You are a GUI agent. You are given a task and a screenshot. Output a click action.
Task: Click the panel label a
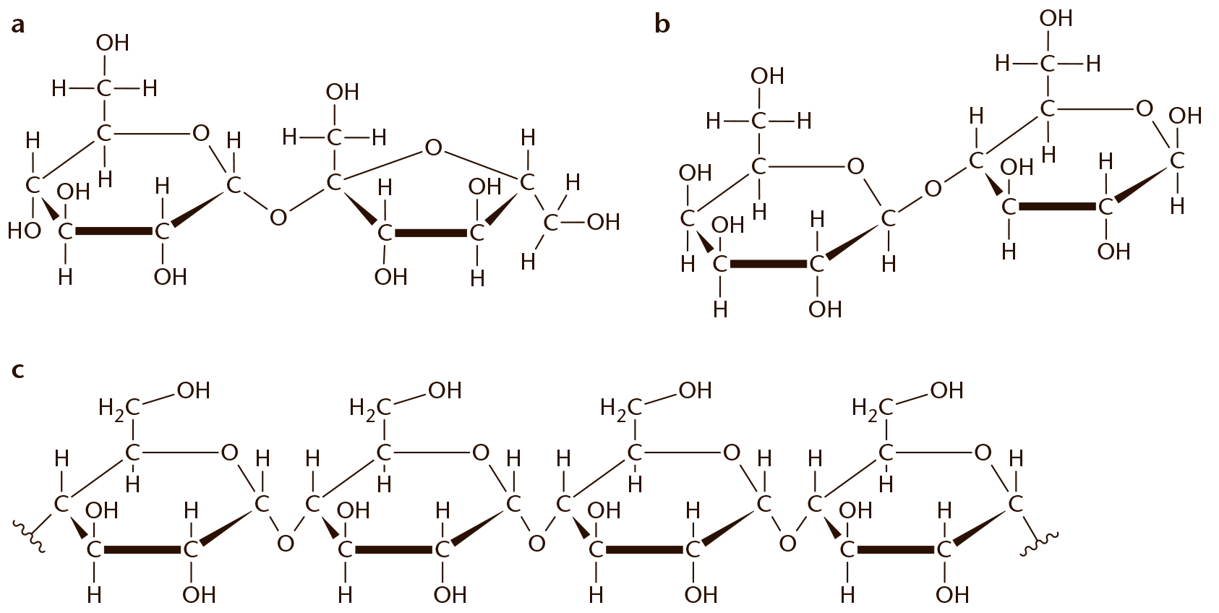tap(17, 25)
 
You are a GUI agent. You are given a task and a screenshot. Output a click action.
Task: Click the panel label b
tap(662, 23)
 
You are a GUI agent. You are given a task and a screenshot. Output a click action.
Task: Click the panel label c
tap(17, 370)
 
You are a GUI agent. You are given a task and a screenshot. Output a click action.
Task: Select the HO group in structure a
tap(25, 231)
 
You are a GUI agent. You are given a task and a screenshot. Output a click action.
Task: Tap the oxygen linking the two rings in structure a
tap(278, 218)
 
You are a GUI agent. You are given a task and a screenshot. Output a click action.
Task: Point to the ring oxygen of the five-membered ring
tap(433, 147)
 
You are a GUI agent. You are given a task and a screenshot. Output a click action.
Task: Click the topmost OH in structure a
tap(113, 43)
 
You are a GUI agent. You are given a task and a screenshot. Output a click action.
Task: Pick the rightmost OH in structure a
tap(604, 222)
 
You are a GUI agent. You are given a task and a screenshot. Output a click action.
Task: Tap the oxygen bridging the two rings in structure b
tap(933, 189)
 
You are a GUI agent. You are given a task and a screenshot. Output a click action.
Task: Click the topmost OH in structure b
tap(1056, 19)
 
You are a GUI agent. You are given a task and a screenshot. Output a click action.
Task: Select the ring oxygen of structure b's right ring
tap(1144, 108)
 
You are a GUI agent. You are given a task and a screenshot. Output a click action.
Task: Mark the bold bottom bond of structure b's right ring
tap(1057, 207)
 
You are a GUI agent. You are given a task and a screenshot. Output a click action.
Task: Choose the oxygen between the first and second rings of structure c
tap(285, 543)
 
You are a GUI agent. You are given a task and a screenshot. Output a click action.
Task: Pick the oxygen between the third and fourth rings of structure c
tap(787, 543)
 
